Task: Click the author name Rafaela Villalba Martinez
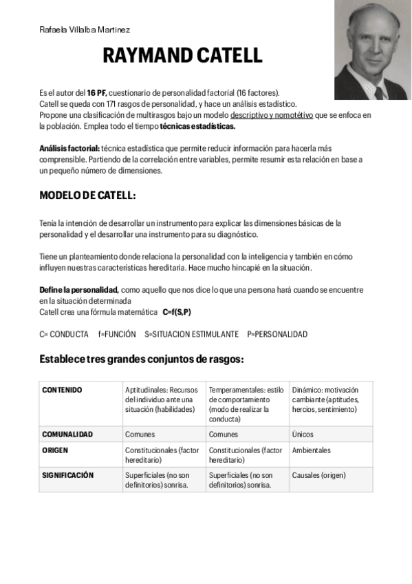pos(84,30)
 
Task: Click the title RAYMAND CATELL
pos(182,56)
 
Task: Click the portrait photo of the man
pos(372,50)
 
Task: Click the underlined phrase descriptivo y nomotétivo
pos(271,114)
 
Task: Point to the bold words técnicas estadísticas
pos(197,126)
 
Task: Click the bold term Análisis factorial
pos(69,148)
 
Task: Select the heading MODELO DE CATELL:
pos(88,196)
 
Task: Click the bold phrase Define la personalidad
pos(79,290)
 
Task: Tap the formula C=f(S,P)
pos(177,312)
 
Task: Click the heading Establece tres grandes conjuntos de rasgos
pos(142,359)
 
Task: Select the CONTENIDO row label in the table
pos(62,390)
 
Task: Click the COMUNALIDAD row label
pos(67,435)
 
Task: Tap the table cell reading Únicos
pos(303,435)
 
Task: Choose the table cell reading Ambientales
pos(311,450)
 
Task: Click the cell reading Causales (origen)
pos(318,475)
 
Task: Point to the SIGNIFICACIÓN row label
pos(67,475)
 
